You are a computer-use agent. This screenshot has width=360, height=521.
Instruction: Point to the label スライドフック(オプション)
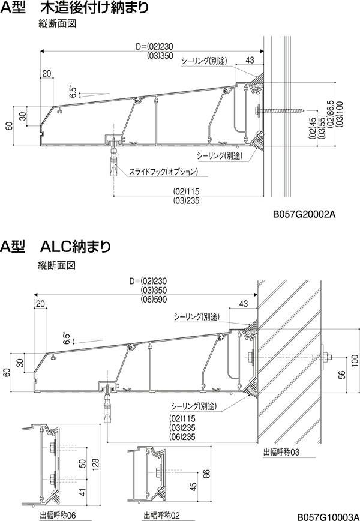click(x=163, y=172)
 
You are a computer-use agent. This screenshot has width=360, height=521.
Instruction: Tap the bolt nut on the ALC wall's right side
click(x=325, y=358)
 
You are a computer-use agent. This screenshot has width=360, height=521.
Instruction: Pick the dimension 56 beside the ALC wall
click(x=342, y=374)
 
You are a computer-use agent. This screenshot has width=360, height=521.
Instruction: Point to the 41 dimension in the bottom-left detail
click(x=83, y=492)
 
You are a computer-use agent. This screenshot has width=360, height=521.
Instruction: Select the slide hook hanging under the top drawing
click(x=112, y=161)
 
